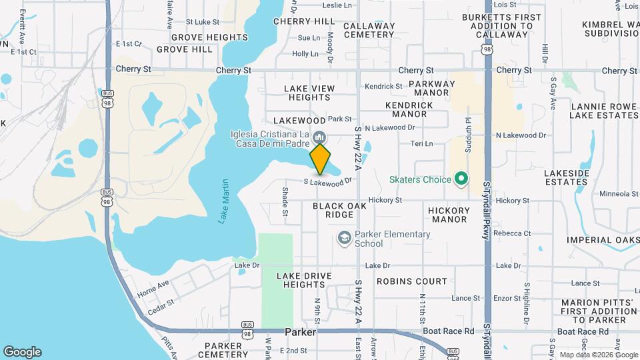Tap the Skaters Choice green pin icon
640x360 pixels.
click(461, 179)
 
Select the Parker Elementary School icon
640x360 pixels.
click(344, 238)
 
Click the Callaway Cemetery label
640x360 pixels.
click(369, 30)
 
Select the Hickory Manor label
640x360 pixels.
click(449, 214)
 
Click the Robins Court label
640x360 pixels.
click(411, 281)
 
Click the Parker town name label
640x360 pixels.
click(299, 331)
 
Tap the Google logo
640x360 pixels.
click(22, 352)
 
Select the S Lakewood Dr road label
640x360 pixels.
click(327, 181)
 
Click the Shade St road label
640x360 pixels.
click(285, 201)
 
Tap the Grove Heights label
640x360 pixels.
click(199, 37)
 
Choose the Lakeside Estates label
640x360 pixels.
click(567, 177)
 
